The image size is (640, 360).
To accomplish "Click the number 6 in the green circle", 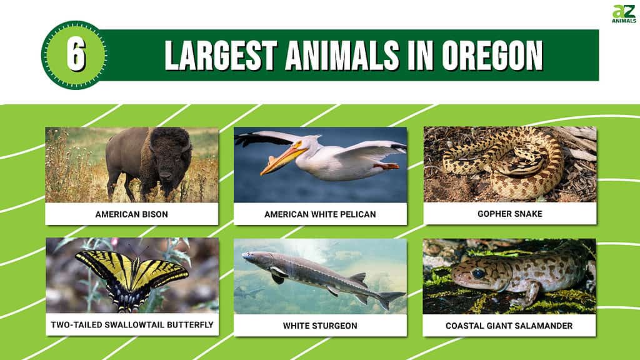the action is (76, 56).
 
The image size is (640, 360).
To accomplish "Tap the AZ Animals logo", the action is (624, 14).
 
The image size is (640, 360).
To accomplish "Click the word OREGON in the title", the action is (492, 56).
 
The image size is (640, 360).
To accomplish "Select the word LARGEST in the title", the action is (221, 56).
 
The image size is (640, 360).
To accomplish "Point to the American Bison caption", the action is (131, 214).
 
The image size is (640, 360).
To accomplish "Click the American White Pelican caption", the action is (320, 214).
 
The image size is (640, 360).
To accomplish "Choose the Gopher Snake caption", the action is (510, 214).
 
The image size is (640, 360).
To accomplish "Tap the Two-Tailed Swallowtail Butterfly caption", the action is (132, 325).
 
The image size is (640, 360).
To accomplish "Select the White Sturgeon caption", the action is (320, 326).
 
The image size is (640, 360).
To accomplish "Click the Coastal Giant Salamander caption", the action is (509, 326).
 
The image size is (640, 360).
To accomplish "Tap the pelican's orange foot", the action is (386, 166).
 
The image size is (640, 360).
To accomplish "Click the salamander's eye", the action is (478, 272).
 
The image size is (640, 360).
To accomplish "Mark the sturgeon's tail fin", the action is (390, 299).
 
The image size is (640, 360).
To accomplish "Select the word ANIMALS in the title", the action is (342, 56).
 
